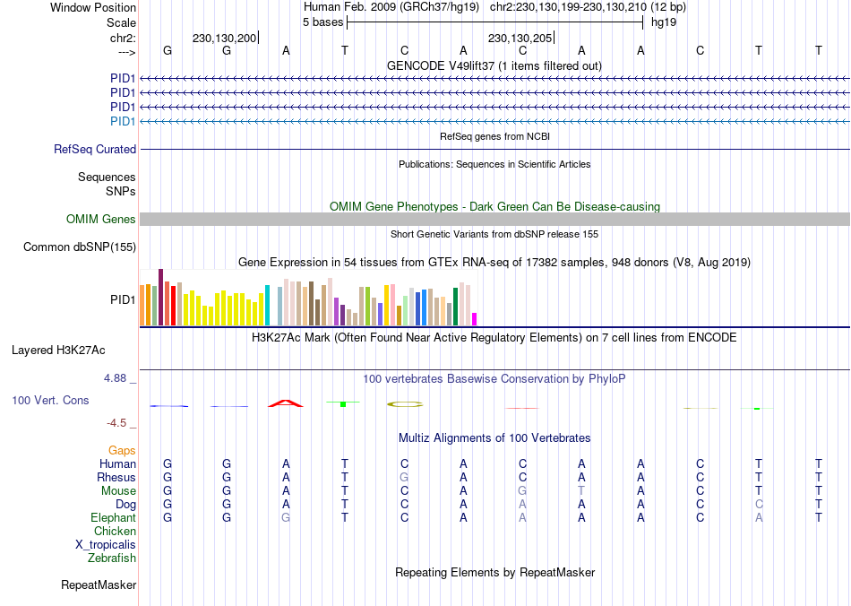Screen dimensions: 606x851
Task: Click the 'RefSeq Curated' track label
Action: coord(95,150)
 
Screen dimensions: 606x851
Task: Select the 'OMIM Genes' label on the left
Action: coord(101,220)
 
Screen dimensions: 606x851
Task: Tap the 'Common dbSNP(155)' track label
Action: coord(80,247)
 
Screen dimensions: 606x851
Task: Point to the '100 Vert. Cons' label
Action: coord(50,400)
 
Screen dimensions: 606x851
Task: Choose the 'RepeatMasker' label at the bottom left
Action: coord(99,585)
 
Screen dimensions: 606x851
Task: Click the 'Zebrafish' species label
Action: coord(112,558)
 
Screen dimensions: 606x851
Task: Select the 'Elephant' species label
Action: coord(113,518)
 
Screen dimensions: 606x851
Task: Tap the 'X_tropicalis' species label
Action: coord(106,545)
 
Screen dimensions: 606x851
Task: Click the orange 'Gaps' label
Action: coord(123,451)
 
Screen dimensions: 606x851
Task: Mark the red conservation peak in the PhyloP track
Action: coord(286,403)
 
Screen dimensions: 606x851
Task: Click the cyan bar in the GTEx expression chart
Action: coord(267,306)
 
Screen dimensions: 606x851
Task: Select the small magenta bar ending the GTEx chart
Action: coord(475,319)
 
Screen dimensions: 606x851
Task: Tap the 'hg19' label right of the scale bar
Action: coord(664,22)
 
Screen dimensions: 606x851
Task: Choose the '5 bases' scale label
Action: coord(322,22)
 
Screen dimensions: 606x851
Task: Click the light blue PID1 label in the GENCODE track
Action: coord(123,121)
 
